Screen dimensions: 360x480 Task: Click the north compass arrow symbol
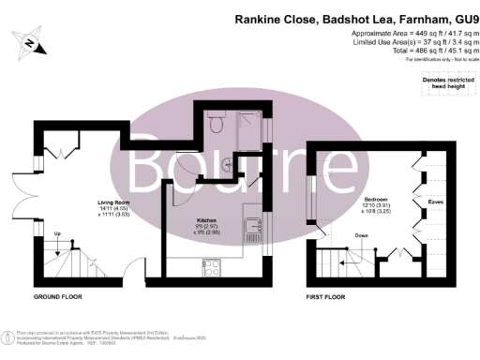(x=31, y=44)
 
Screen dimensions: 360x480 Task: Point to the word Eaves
(x=436, y=200)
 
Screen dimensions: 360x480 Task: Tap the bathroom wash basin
(x=230, y=162)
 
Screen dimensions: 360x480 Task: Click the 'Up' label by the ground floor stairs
(x=58, y=233)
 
